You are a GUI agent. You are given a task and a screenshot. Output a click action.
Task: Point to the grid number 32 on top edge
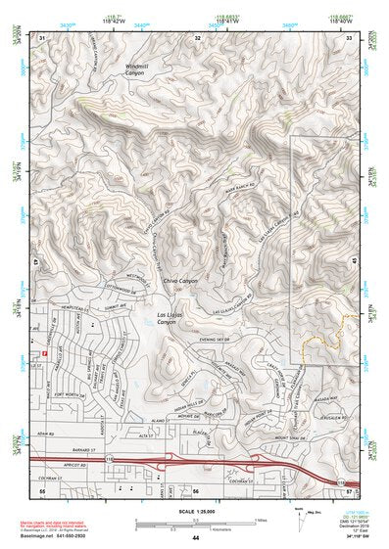coord(197,37)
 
